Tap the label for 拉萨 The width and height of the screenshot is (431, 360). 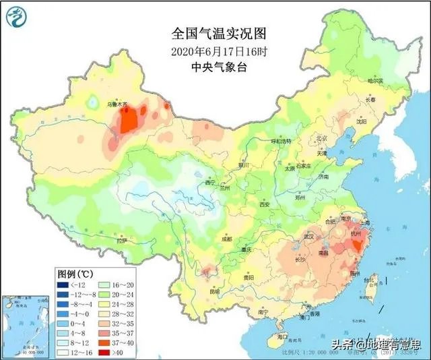tap(121, 241)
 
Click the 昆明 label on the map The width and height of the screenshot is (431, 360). tap(214, 291)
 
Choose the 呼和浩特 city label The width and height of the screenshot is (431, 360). tap(280, 142)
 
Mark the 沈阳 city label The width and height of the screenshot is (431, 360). tap(362, 122)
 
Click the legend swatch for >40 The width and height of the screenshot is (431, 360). tap(106, 352)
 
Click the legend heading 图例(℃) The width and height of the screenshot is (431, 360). tap(75, 273)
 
